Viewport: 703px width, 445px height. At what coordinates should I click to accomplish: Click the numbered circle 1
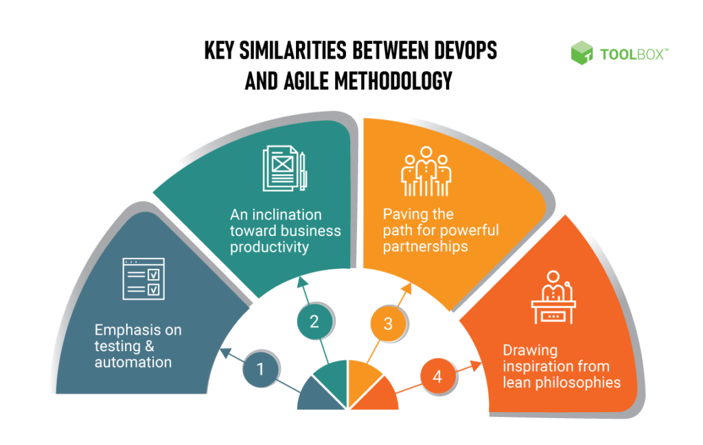[x=260, y=370]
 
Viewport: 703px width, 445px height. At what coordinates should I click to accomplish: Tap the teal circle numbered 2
[x=314, y=321]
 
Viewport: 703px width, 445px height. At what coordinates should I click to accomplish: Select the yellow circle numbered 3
[x=388, y=323]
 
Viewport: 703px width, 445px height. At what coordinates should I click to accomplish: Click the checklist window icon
[x=143, y=278]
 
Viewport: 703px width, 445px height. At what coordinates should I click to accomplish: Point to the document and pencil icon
[x=284, y=169]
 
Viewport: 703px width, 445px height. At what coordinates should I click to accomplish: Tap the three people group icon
[x=426, y=171]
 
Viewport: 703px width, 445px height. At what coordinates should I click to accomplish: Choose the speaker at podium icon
[x=553, y=298]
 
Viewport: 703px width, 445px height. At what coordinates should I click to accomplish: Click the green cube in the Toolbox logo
[x=581, y=53]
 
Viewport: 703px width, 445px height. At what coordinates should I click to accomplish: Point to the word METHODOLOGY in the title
[x=393, y=81]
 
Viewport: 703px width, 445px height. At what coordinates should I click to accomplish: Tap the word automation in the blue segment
[x=133, y=362]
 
